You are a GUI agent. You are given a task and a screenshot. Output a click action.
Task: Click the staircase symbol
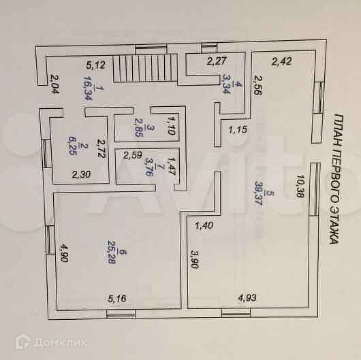145,68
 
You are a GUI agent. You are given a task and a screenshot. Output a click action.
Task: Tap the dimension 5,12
95,65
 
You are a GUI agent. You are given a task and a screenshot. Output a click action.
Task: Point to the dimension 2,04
55,84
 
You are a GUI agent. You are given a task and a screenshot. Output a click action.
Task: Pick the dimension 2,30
81,174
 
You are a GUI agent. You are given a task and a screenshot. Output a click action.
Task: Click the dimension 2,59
132,155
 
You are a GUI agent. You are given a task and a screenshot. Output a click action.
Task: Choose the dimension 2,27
217,61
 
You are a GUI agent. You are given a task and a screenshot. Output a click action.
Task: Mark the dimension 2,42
281,61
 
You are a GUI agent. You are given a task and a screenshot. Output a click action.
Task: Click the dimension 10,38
300,186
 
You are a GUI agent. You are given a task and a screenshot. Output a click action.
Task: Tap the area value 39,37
259,193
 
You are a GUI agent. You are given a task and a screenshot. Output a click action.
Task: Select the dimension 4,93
247,297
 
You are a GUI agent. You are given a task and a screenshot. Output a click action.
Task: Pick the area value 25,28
111,252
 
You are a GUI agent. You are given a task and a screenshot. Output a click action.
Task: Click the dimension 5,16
117,298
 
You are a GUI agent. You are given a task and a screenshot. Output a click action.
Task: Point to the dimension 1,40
204,225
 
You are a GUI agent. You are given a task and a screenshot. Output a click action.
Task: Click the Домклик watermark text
61,343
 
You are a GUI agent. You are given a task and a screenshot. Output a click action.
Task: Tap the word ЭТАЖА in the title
334,226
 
